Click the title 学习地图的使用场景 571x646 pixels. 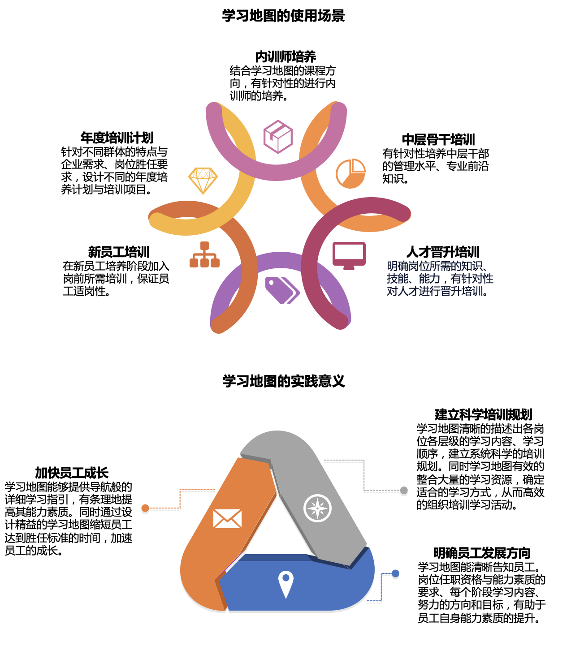pyautogui.click(x=283, y=16)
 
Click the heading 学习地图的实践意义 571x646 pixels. pyautogui.click(x=284, y=381)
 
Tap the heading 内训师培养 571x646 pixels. pyautogui.click(x=285, y=57)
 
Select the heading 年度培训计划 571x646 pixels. pyautogui.click(x=117, y=138)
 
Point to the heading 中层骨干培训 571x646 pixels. pyautogui.click(x=438, y=140)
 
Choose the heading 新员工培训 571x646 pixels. pyautogui.click(x=119, y=252)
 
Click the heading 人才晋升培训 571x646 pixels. pyautogui.click(x=443, y=252)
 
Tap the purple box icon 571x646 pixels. pyautogui.click(x=278, y=137)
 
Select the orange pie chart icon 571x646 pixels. pyautogui.click(x=350, y=173)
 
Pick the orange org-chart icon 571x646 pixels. pyautogui.click(x=204, y=254)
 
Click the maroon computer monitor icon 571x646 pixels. pyautogui.click(x=349, y=256)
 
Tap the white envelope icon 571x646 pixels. pyautogui.click(x=227, y=519)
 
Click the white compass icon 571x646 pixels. pyautogui.click(x=317, y=508)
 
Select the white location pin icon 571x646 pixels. pyautogui.click(x=286, y=585)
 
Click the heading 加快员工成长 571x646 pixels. pyautogui.click(x=72, y=473)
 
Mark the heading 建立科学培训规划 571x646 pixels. pyautogui.click(x=484, y=414)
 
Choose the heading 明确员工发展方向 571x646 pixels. pyautogui.click(x=482, y=553)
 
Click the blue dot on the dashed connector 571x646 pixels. pyautogui.click(x=396, y=573)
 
